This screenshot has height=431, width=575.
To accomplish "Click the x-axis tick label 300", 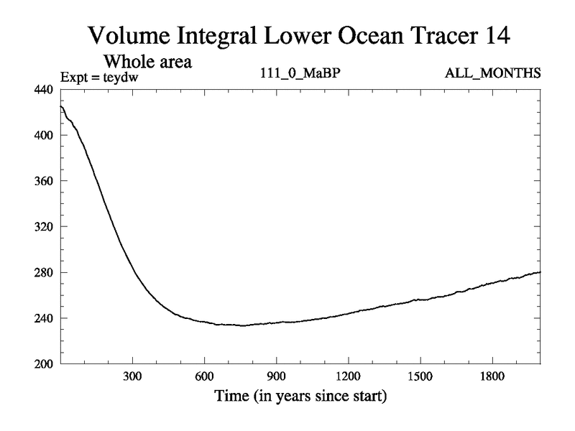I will point(132,377).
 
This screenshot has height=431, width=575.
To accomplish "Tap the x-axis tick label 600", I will point(204,377).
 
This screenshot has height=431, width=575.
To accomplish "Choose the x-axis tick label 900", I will point(276,377).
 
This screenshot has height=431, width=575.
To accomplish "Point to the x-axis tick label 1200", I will point(348,377).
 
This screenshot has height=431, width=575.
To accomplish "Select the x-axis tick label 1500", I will point(420,377).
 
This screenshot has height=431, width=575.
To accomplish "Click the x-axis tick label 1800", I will point(492,377).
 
